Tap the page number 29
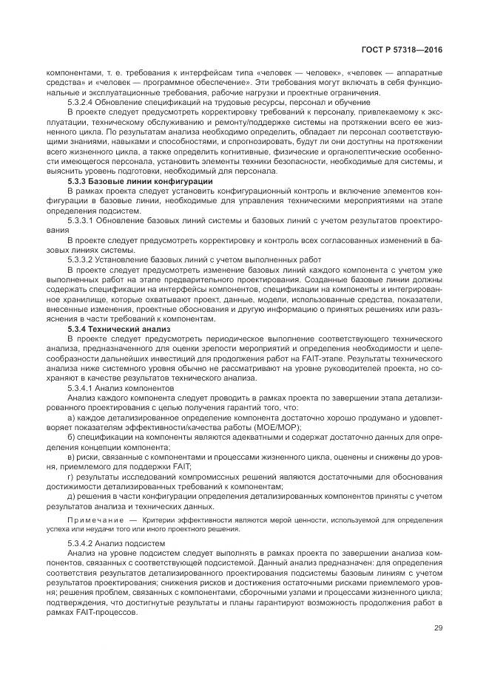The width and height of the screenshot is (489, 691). pyautogui.click(x=438, y=629)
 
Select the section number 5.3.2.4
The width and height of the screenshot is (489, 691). pyautogui.click(x=81, y=102)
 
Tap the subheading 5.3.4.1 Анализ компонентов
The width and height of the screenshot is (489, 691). pyautogui.click(x=121, y=387)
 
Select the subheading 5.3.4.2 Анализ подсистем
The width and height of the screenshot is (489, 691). pyautogui.click(x=117, y=543)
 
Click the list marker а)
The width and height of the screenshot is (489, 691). pyautogui.click(x=71, y=416)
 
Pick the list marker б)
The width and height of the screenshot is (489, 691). pyautogui.click(x=71, y=436)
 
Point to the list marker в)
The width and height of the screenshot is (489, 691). pyautogui.click(x=71, y=456)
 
